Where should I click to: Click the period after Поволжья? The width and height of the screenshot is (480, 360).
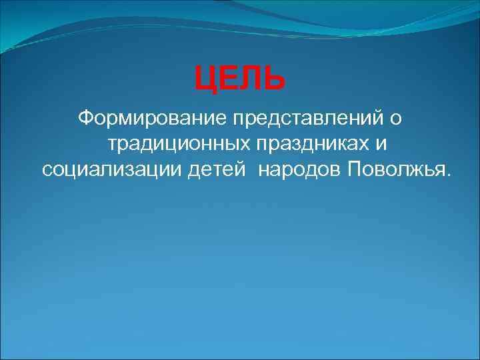(x=448, y=174)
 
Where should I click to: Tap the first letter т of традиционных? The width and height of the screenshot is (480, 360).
(x=112, y=144)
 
